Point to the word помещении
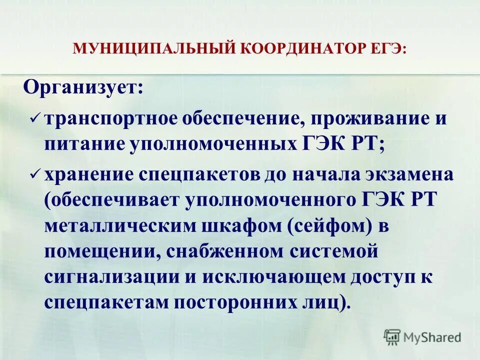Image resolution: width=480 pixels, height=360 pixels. pos(99,251)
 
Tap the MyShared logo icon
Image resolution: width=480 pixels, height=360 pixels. pos(392,337)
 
